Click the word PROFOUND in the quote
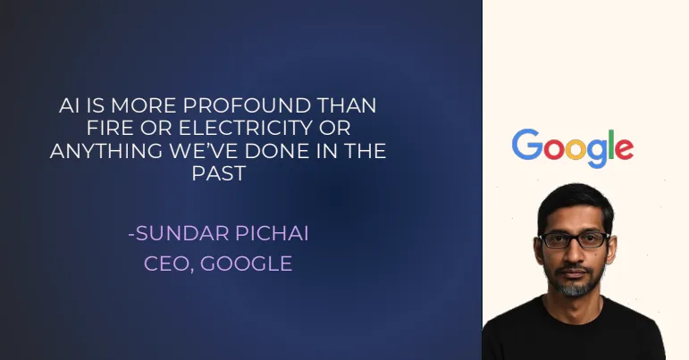tap(247, 105)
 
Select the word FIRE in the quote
tap(109, 128)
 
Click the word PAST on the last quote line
tap(218, 173)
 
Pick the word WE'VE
tap(204, 151)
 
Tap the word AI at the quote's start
tap(69, 105)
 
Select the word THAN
tap(346, 105)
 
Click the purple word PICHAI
tap(272, 233)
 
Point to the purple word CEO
tap(169, 264)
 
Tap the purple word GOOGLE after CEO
tap(246, 264)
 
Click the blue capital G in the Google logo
tap(527, 144)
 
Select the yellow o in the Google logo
tap(576, 149)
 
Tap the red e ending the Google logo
tap(624, 149)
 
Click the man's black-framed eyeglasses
tap(574, 240)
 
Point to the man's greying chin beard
tap(574, 286)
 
